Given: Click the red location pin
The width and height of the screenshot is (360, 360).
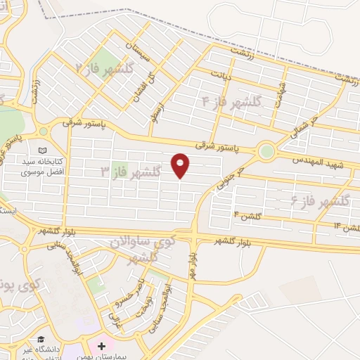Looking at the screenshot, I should pyautogui.click(x=181, y=165).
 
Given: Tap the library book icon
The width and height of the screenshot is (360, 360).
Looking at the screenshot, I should pyautogui.click(x=44, y=150).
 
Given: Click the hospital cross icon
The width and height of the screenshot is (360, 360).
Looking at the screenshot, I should pyautogui.click(x=103, y=347).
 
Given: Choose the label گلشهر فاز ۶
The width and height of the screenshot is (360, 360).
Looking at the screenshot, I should pyautogui.click(x=320, y=202).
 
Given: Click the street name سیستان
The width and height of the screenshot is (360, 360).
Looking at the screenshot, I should pyautogui.click(x=138, y=51).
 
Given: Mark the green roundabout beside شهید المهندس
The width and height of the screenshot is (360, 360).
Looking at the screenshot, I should pyautogui.click(x=266, y=150).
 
